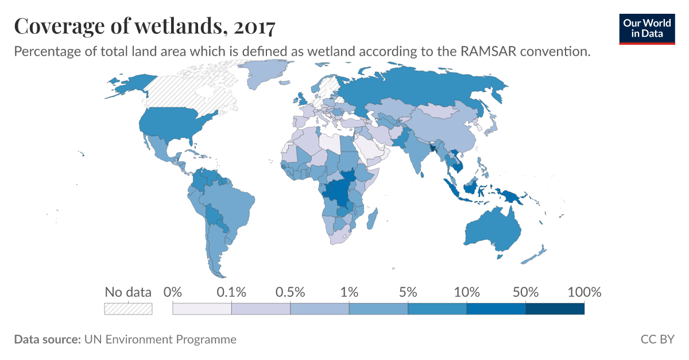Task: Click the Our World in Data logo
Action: (x=647, y=29)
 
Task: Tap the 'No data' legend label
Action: (x=128, y=292)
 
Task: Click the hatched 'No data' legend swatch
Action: (x=128, y=309)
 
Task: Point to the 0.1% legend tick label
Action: (x=231, y=292)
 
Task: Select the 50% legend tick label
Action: (x=526, y=292)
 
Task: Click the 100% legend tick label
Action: (x=584, y=292)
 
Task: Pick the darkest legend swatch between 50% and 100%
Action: (x=555, y=309)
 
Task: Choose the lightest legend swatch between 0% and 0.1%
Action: (x=202, y=309)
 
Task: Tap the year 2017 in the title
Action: (x=254, y=27)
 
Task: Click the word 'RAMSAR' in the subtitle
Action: (x=488, y=51)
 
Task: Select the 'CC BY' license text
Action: (x=657, y=339)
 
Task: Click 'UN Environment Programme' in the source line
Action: (x=160, y=339)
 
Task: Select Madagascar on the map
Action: (x=372, y=219)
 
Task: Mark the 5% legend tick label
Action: (x=408, y=292)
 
